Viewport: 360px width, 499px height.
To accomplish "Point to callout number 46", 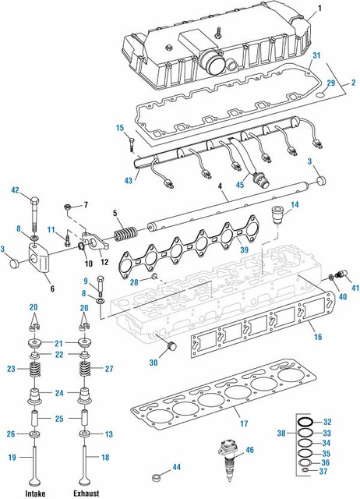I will click(249, 451).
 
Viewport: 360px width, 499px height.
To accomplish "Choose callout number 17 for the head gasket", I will click(243, 424).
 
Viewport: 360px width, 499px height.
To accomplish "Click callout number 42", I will click(15, 189).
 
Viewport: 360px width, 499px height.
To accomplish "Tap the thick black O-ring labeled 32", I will click(306, 422).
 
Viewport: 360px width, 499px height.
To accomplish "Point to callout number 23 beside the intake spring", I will click(12, 369).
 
